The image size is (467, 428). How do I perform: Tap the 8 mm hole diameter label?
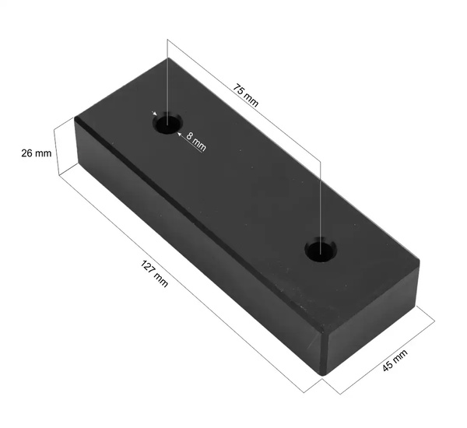tap(197, 141)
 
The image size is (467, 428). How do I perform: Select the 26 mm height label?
tap(36, 153)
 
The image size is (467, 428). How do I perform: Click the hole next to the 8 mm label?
tap(167, 124)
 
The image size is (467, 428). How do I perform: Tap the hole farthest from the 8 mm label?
tap(319, 250)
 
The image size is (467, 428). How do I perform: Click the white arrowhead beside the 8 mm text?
tap(181, 134)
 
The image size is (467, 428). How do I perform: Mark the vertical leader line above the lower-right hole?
tap(320, 195)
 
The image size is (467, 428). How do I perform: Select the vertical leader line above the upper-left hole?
tap(168, 78)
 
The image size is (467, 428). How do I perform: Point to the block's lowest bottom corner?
tap(324, 376)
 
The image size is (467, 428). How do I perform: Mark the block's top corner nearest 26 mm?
tap(75, 118)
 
